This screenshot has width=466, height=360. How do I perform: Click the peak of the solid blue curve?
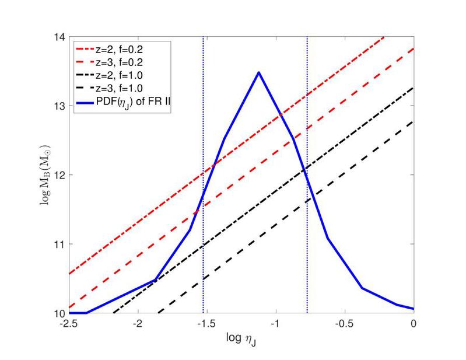258,72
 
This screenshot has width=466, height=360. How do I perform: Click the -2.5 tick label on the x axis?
68,324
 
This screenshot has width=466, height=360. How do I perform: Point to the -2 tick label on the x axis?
137,324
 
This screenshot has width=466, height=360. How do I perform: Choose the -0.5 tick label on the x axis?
344,324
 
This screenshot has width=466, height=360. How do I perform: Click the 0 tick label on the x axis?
414,324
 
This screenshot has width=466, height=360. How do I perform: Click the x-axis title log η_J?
241,338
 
